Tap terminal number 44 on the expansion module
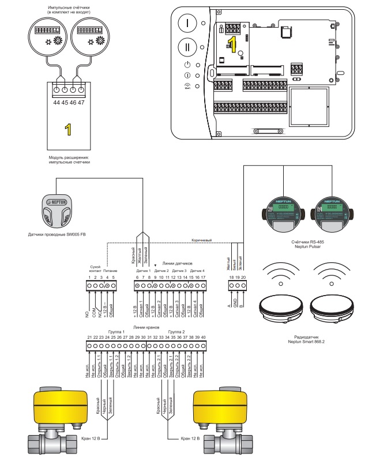pyautogui.click(x=55, y=101)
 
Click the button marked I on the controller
pyautogui.click(x=188, y=24)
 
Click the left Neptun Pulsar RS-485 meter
pyautogui.click(x=283, y=211)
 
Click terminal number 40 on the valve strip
pyautogui.click(x=204, y=337)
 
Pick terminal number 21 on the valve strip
pyautogui.click(x=89, y=337)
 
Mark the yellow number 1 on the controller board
pyautogui.click(x=231, y=43)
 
